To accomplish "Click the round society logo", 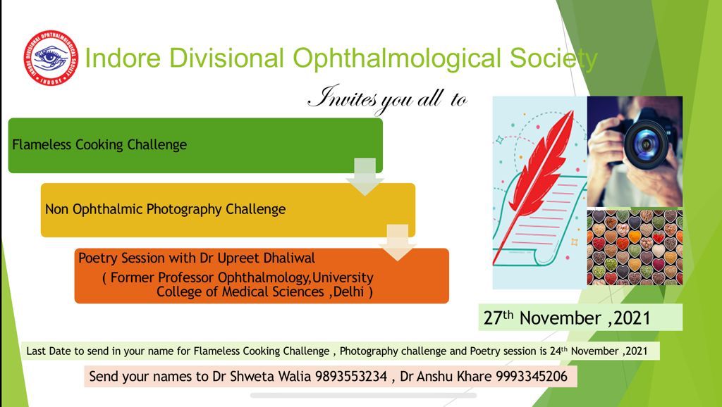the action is tap(51, 58).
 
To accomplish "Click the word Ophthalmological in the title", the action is tap(396, 59).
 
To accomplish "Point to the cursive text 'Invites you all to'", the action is tap(387, 99).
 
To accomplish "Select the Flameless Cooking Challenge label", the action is tap(99, 145).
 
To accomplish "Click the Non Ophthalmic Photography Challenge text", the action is tap(165, 210).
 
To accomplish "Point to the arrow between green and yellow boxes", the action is tap(365, 177).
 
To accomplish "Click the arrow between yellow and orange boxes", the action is tap(398, 243).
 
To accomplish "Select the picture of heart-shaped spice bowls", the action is tap(635, 247).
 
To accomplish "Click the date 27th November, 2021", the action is tap(567, 318).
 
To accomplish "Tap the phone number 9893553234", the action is tap(351, 377).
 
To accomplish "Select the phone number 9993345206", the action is tap(532, 377).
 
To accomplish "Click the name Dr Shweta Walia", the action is tap(262, 377).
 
